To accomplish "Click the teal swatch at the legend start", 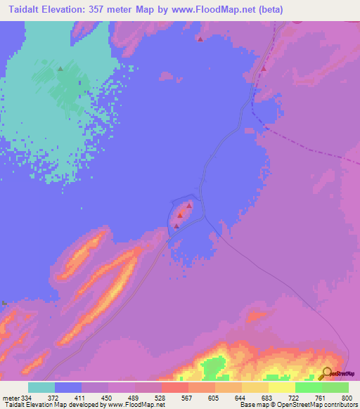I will click(x=41, y=387).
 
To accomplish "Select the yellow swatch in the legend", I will click(x=281, y=387).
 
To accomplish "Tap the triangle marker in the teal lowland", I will click(x=60, y=69).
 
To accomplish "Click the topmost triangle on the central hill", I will click(x=189, y=205).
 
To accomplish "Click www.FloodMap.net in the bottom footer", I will click(x=135, y=405).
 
